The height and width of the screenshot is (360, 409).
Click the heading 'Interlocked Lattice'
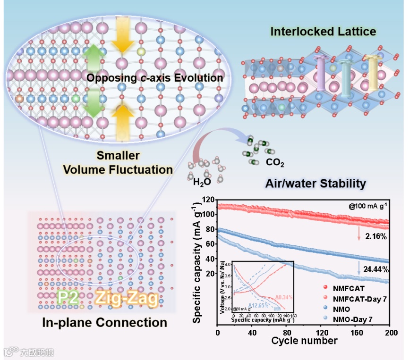tap(323, 32)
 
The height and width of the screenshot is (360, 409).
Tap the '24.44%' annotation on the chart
tap(376, 269)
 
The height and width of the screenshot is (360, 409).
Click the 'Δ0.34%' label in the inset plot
tap(284, 298)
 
